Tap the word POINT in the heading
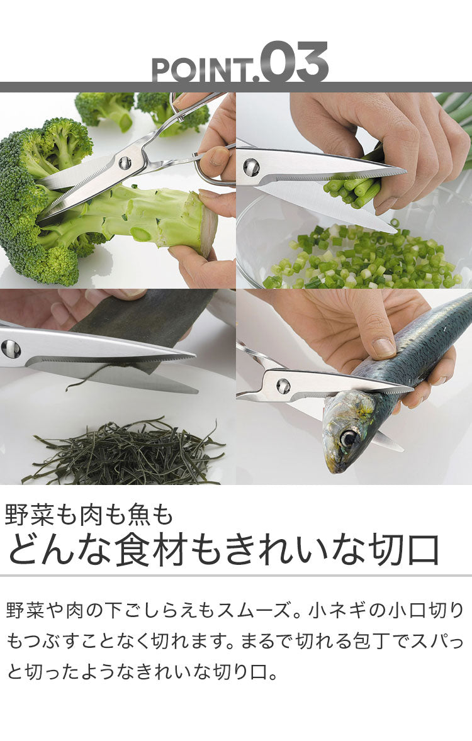(x=202, y=70)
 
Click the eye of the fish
(x=349, y=438)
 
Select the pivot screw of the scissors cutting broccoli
(x=125, y=163)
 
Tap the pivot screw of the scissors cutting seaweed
(x=11, y=348)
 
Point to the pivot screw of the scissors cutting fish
(x=283, y=386)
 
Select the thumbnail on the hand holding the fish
(x=383, y=347)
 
